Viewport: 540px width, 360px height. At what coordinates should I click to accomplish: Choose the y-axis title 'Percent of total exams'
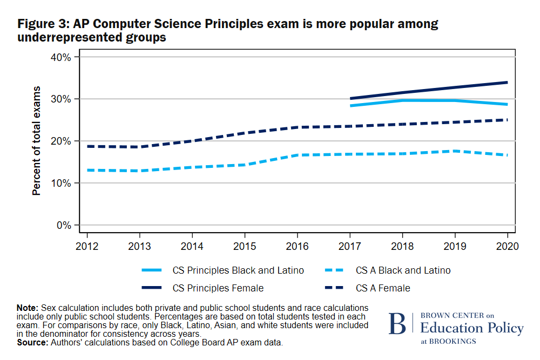[x=37, y=141]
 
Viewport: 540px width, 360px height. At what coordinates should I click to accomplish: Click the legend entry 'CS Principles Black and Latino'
[x=238, y=270]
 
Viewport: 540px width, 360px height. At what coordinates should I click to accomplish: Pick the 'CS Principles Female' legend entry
[x=218, y=288]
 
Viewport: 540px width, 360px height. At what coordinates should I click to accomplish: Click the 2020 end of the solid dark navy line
[x=507, y=83]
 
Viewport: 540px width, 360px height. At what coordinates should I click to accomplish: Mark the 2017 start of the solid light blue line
[x=351, y=106]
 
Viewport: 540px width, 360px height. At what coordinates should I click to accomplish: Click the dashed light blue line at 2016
[x=297, y=155]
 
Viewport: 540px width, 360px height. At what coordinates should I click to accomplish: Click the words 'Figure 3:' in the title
[x=43, y=24]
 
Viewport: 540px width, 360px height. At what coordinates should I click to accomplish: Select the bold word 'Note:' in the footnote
[x=28, y=307]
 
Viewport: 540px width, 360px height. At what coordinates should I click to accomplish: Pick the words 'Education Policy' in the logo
[x=471, y=328]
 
